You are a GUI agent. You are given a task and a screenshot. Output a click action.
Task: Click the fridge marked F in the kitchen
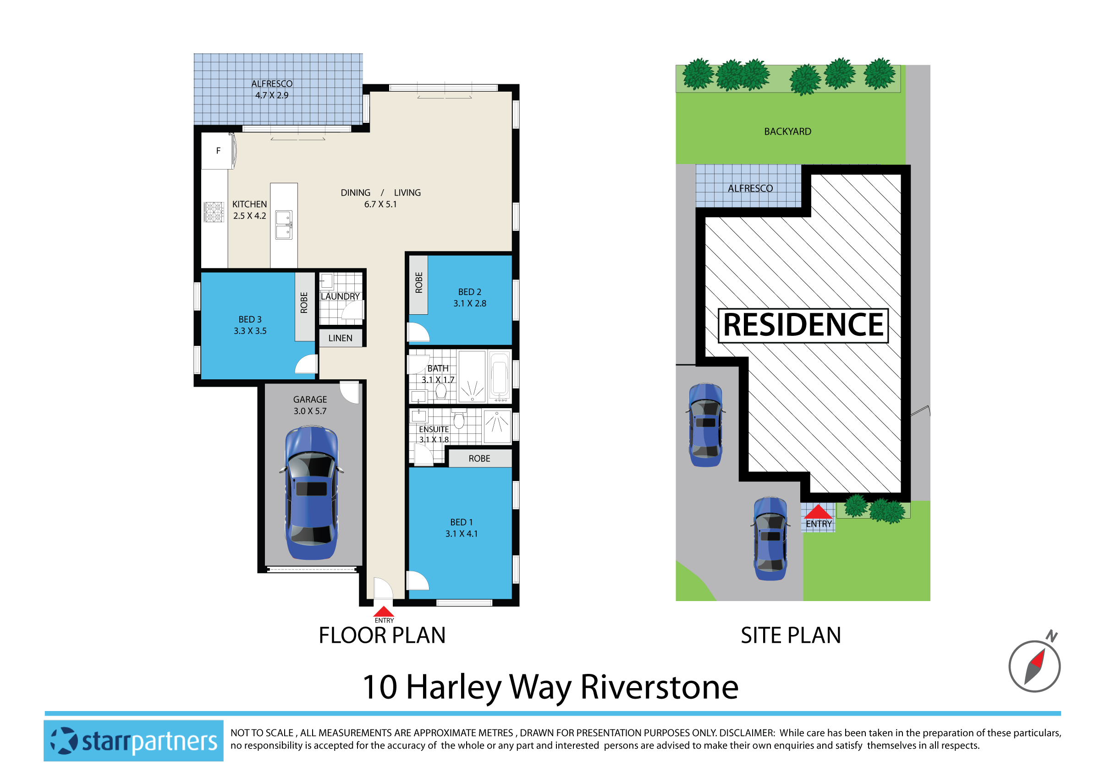[x=219, y=151]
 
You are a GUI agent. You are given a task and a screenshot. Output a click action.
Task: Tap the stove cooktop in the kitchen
[x=214, y=212]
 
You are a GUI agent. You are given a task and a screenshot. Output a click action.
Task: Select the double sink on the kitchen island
[x=284, y=225]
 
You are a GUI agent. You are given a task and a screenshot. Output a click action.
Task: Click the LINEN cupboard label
[x=340, y=338]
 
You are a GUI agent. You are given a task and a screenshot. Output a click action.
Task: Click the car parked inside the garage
[x=311, y=493]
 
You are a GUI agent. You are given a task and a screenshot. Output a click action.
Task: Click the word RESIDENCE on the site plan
[x=803, y=325]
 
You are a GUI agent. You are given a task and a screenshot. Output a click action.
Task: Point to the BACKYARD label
[x=787, y=131]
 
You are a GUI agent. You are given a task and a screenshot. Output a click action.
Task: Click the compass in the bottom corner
[x=1034, y=666]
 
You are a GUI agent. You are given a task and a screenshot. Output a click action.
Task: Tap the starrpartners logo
[x=134, y=741]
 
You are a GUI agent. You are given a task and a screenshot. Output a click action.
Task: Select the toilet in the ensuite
[x=458, y=420]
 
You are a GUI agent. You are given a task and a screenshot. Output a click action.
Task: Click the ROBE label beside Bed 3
[x=304, y=302]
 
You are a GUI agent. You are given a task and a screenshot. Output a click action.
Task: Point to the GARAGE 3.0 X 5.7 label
[x=310, y=405]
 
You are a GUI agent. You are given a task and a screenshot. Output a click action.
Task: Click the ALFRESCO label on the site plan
[x=750, y=189]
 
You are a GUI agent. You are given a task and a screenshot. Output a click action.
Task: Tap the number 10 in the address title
[x=379, y=688]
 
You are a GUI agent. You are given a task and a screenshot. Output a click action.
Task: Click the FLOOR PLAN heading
[x=382, y=635]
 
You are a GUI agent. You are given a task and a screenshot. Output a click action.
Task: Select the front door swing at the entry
[x=382, y=588]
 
